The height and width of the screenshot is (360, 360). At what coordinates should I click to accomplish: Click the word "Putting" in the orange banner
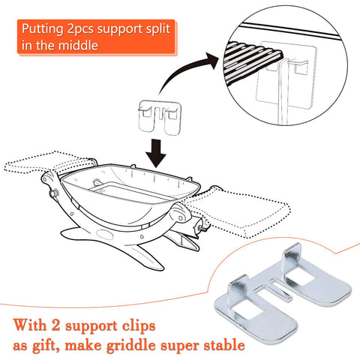42,29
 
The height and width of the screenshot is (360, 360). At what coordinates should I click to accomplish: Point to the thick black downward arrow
156,153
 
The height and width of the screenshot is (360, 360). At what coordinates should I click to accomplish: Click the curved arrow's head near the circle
211,60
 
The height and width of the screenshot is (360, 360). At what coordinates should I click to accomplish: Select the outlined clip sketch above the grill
160,117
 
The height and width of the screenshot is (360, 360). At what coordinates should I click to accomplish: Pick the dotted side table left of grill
47,163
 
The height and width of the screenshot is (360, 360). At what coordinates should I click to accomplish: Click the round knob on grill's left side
53,193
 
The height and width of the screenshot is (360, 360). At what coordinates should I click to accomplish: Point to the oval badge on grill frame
104,235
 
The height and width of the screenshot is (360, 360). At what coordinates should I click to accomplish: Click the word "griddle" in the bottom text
131,346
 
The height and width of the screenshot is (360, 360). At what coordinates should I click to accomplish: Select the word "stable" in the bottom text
224,344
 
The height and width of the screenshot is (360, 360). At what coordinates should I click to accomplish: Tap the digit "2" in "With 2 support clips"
55,325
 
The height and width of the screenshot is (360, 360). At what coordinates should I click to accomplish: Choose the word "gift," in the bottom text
46,346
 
